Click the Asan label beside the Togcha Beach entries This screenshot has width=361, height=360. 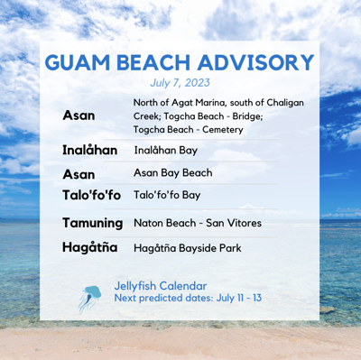point(79,116)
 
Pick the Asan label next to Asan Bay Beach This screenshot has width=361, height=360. point(79,173)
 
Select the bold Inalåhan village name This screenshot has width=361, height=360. point(89,150)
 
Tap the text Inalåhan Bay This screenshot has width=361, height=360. point(167,150)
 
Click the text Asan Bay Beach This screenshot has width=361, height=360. point(172,173)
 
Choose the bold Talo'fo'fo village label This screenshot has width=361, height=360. point(91,195)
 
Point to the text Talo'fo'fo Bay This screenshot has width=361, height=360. point(167,195)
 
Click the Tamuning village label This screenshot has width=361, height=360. point(92,222)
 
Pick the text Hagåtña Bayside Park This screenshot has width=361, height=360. point(187,246)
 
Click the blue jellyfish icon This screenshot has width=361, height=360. point(91,297)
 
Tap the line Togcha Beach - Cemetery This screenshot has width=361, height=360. point(185,130)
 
